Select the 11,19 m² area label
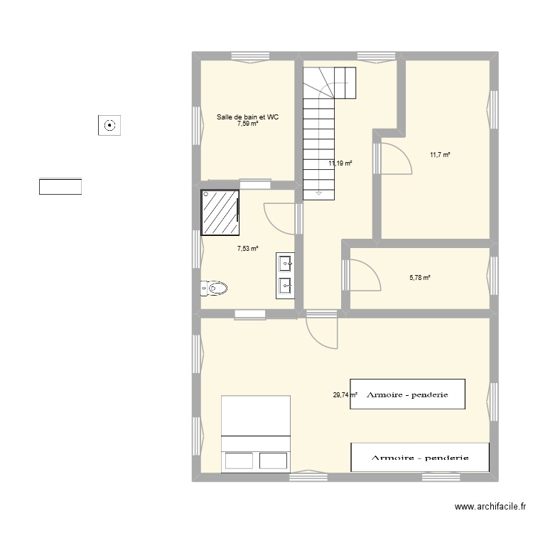[x=340, y=163]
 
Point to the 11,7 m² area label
[x=439, y=155]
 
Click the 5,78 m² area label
[x=420, y=278]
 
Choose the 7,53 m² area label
[x=247, y=249]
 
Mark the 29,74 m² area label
[x=345, y=395]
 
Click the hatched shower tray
[x=220, y=212]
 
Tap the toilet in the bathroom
[x=214, y=288]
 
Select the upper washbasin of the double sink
[x=286, y=265]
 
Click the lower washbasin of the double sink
[x=286, y=286]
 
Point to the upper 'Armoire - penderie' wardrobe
[x=407, y=394]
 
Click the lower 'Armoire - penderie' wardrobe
[x=420, y=457]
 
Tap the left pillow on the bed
[x=238, y=461]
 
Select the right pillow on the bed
[x=273, y=461]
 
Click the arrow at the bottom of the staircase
[x=319, y=192]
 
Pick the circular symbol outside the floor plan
[x=109, y=126]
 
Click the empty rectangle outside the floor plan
[x=60, y=187]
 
